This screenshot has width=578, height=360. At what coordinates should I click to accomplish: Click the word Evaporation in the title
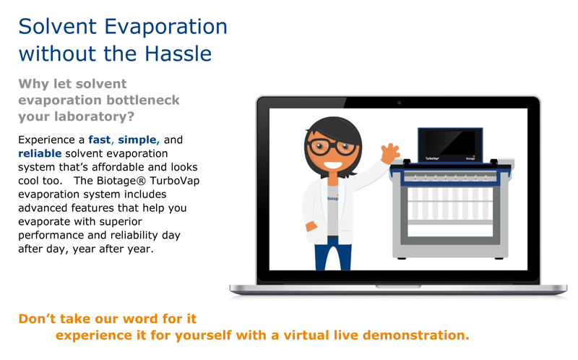(165, 27)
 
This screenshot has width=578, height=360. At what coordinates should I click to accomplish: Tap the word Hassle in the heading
(178, 53)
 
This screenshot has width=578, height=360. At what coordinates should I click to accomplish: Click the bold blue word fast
(99, 140)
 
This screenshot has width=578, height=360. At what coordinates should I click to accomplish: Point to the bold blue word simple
(137, 140)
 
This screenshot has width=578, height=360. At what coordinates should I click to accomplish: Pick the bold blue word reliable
(40, 153)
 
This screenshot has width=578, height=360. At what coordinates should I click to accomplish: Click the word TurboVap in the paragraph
(174, 181)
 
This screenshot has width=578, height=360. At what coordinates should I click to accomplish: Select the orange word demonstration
(416, 335)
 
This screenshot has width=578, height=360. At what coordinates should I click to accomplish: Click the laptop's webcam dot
(400, 103)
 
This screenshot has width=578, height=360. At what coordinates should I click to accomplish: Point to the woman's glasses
(332, 147)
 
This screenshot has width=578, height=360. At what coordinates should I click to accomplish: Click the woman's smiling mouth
(333, 165)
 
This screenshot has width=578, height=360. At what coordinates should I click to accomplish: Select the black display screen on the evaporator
(450, 143)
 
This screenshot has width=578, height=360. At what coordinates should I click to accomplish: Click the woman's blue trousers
(333, 254)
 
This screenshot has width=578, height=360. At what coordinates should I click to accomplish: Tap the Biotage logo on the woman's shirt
(333, 198)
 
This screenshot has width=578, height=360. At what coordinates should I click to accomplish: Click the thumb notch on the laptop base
(398, 286)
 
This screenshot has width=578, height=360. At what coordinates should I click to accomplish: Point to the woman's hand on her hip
(311, 226)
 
